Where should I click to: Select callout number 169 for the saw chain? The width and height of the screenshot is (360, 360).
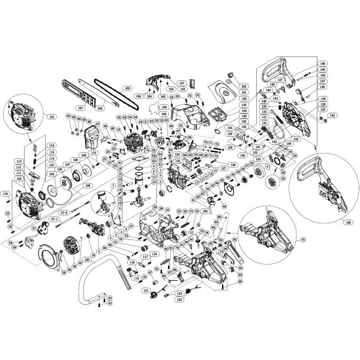(x=127, y=88)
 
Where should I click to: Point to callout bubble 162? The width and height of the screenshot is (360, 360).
(x=244, y=87)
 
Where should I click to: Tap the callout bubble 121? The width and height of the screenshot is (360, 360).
(x=145, y=290)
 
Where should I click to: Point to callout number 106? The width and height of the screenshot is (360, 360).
(x=88, y=185)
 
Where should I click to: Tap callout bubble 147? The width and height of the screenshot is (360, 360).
(x=280, y=80)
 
